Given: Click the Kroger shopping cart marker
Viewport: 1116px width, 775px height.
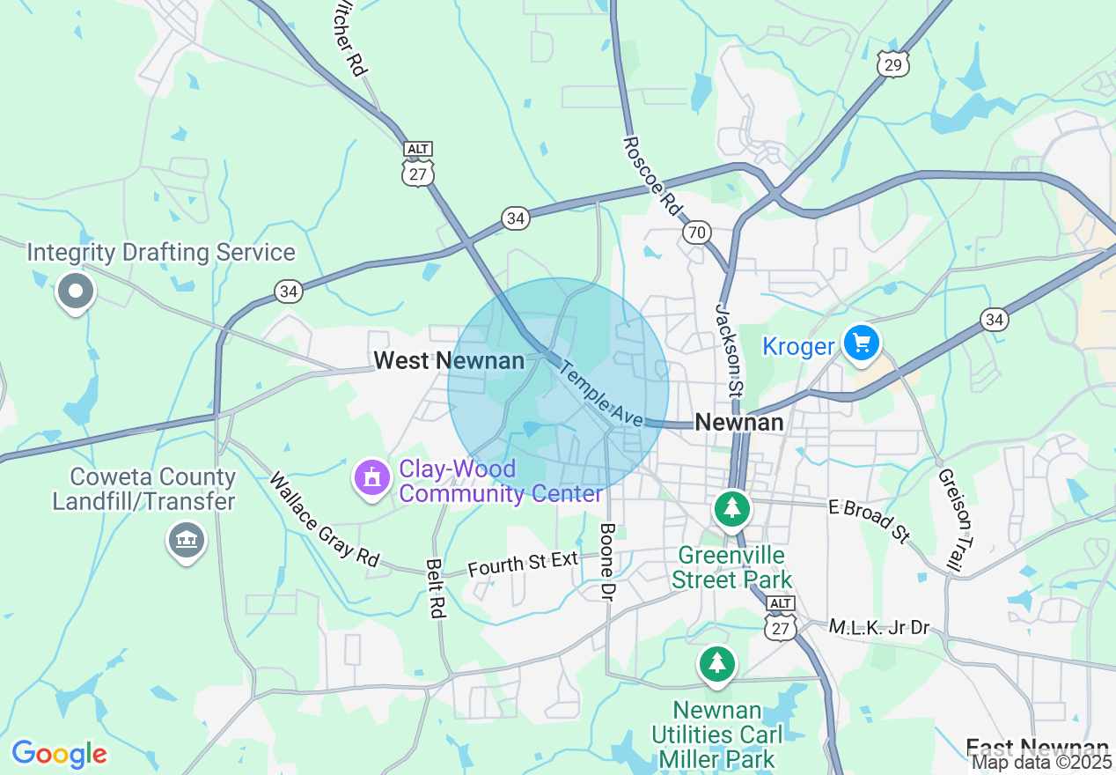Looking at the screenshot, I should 861,343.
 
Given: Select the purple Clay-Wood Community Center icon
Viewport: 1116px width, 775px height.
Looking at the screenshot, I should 372,478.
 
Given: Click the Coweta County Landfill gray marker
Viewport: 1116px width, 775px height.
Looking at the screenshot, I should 186,539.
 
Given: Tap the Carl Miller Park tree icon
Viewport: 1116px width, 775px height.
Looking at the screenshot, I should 717,664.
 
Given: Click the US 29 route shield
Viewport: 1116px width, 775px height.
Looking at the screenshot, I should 892,63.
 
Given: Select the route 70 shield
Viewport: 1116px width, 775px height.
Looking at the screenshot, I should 696,232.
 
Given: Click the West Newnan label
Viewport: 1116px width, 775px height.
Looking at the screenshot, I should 449,360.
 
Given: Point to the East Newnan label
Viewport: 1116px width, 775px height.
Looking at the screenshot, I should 1036,748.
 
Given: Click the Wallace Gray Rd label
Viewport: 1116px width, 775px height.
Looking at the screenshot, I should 325,520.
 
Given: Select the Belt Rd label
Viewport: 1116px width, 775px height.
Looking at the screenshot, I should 436,587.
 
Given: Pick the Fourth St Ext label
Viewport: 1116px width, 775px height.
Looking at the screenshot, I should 523,563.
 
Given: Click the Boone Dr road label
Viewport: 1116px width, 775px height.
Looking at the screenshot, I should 607,563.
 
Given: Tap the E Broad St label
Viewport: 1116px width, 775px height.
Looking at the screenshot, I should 870,521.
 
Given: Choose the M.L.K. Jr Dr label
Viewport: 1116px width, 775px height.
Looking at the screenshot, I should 879,627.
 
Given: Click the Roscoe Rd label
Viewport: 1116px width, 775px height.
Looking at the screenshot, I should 652,175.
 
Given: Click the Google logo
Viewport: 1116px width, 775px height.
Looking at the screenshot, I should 59,754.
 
